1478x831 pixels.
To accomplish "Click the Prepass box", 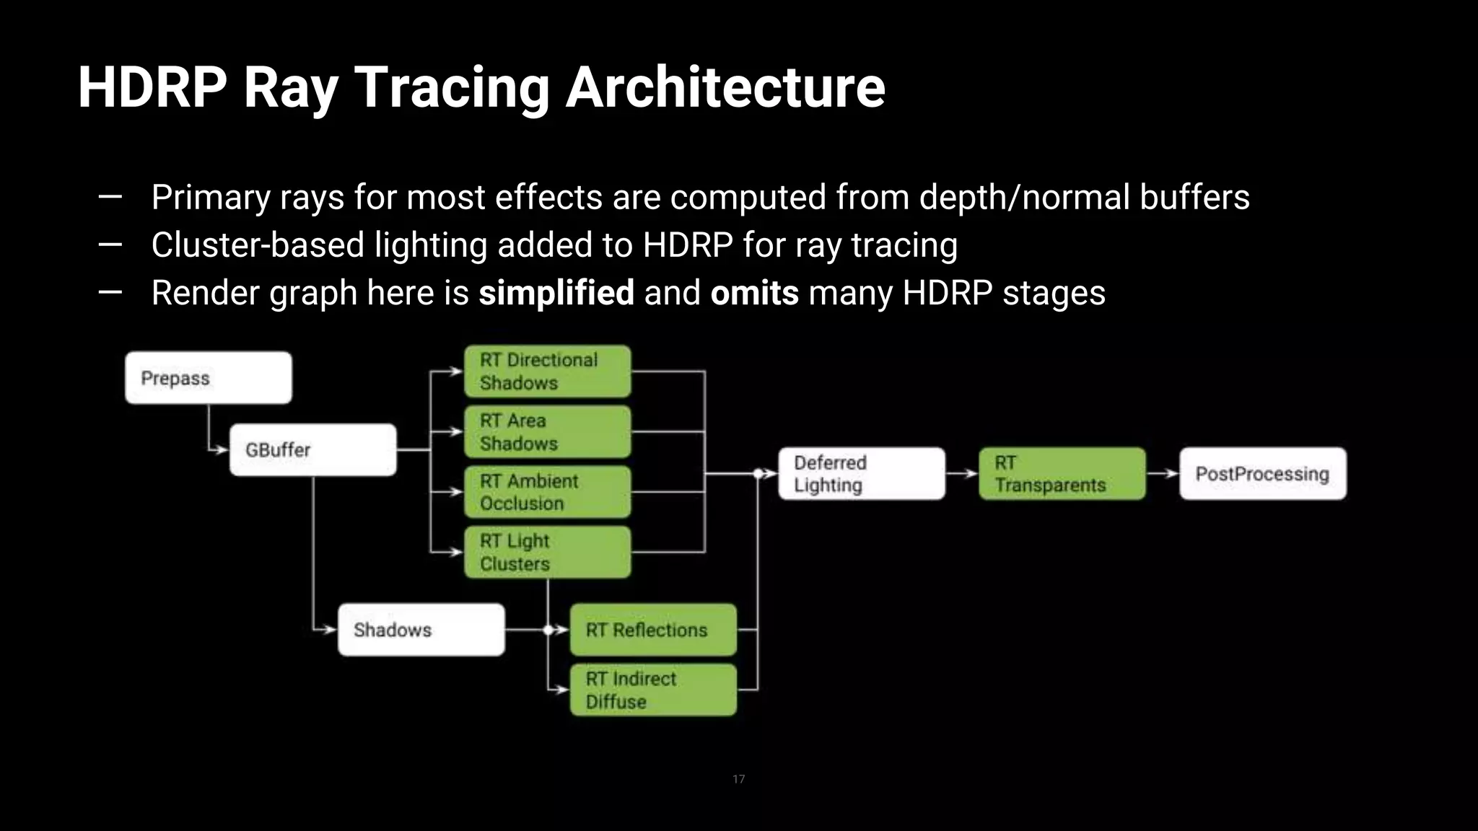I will click(208, 378).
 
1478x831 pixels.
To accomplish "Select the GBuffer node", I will click(312, 450).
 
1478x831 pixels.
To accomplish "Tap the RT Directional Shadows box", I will click(547, 371).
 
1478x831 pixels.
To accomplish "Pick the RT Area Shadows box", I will click(547, 432).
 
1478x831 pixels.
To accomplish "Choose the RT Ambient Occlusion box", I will click(547, 492).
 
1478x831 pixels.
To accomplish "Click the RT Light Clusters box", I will click(547, 552).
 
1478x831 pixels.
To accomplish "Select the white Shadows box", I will click(421, 630).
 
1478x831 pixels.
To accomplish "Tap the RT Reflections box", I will click(653, 630).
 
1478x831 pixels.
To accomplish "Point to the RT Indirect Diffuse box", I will click(653, 690).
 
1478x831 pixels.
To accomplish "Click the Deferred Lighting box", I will click(861, 474).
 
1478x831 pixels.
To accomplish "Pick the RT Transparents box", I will click(1062, 474).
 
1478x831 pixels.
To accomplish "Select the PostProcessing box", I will click(1262, 474).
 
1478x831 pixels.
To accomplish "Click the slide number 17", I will click(738, 779).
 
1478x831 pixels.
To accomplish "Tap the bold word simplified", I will click(556, 293).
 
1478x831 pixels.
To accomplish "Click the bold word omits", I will click(754, 293).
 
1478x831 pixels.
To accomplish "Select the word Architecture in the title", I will click(725, 87).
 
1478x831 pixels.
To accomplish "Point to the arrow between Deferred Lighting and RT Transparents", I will click(962, 474).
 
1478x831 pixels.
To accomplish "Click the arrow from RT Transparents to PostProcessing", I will click(1163, 474).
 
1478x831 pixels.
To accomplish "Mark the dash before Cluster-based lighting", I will click(110, 245).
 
